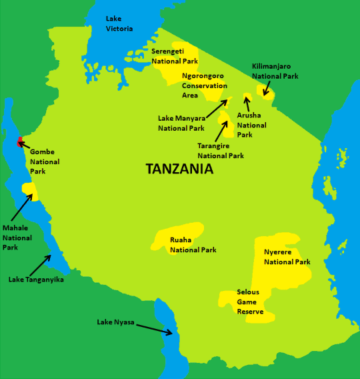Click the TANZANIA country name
pos(179,169)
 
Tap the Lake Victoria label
pos(119,23)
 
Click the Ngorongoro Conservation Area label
pos(203,85)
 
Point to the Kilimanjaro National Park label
pos(275,71)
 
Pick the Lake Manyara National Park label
pos(181,123)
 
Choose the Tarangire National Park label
pos(220,151)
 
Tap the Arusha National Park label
pos(251,125)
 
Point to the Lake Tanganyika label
pos(36,280)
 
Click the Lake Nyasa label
pos(115,322)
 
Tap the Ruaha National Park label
pos(193,245)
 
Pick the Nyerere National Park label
pos(287,257)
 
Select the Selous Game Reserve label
pos(250,302)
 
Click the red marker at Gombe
pos(20,141)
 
